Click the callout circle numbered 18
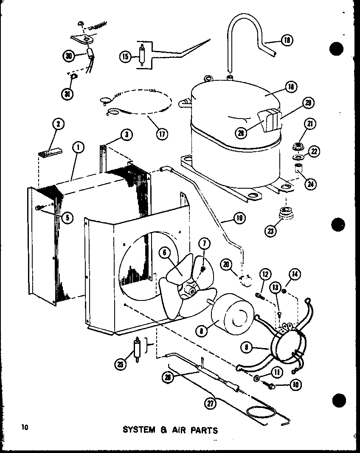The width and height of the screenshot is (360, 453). click(287, 41)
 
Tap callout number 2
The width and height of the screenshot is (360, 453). click(58, 124)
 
